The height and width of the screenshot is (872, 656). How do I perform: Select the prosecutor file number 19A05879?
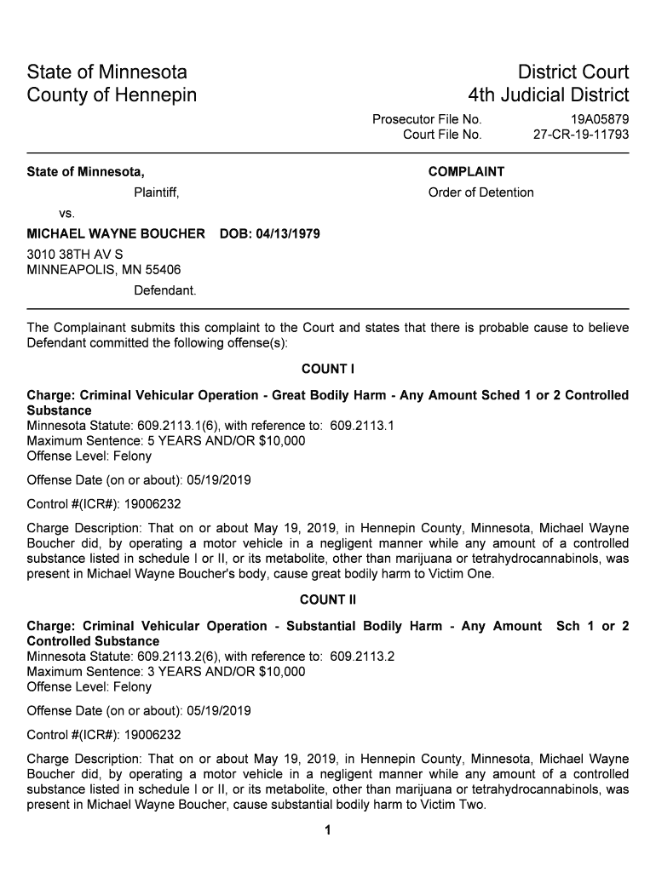pos(600,119)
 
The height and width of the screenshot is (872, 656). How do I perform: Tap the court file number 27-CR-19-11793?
pos(581,135)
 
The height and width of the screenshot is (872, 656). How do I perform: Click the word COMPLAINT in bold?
pos(466,172)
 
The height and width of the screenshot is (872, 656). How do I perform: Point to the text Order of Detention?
pos(480,192)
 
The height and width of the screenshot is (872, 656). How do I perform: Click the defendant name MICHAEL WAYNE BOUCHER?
pos(116,233)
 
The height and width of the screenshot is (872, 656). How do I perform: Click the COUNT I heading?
pos(328,369)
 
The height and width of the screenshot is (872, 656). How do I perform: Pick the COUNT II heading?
pos(328,599)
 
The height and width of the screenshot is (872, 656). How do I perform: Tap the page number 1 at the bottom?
pos(328,831)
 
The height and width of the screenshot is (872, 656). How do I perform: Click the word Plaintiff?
pos(156,192)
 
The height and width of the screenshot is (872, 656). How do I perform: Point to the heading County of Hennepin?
pos(112,95)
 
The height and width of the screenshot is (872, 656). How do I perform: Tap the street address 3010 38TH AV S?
pos(75,255)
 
